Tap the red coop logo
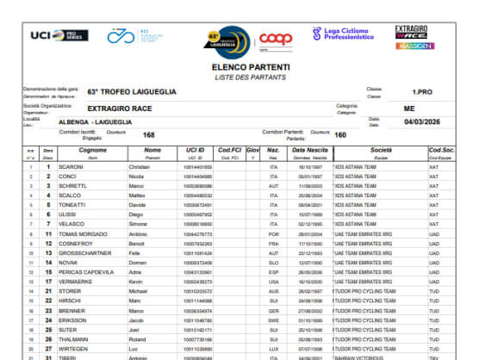[276, 38]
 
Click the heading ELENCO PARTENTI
[251, 67]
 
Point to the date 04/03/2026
[422, 122]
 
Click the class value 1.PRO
[422, 91]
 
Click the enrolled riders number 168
[149, 134]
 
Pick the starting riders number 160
[340, 134]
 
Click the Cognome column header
[92, 150]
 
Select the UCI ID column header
[195, 150]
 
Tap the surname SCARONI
[71, 166]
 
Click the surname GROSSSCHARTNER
[90, 253]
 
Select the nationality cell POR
[273, 233]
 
